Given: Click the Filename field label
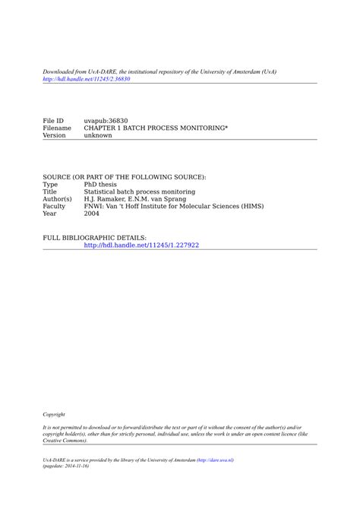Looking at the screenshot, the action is click(x=57, y=128).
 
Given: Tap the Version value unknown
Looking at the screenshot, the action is click(x=98, y=136).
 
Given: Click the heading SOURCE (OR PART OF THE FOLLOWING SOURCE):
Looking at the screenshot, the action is click(x=124, y=177).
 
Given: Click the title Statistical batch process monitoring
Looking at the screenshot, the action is click(x=139, y=192).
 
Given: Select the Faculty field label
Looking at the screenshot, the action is click(x=54, y=207).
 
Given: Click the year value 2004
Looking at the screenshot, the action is click(x=92, y=213).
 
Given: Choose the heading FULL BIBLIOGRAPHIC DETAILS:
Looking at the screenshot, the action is click(x=94, y=238).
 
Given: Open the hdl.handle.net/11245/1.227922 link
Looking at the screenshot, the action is click(x=141, y=245).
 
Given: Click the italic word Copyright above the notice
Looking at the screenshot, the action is click(x=54, y=415).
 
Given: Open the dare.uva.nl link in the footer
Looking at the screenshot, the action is click(x=215, y=460).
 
